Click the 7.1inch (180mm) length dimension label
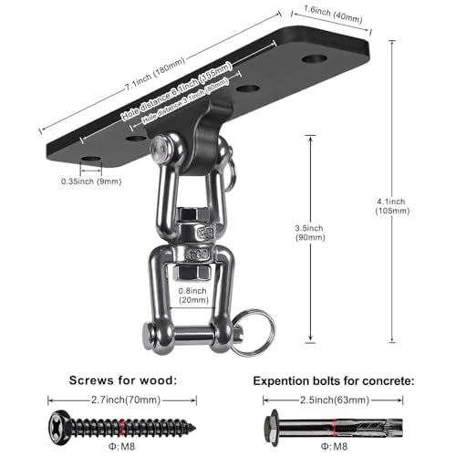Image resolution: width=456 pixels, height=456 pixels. coord(155,74)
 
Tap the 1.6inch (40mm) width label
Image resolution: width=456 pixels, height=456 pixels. coord(333,15)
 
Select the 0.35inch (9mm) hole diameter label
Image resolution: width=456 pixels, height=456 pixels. coord(91,181)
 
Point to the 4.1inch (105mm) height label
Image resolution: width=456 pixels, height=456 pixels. coord(392,206)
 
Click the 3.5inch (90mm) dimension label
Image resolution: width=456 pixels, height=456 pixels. coord(310,233)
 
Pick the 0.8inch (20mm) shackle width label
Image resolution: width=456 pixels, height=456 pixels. coord(193,295)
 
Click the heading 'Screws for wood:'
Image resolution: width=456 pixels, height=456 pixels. coord(123,380)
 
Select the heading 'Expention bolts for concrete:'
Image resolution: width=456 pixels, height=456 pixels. coord(334,381)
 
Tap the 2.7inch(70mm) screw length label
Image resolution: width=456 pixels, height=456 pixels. coord(126,400)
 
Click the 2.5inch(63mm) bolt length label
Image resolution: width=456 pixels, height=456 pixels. coord(335,400)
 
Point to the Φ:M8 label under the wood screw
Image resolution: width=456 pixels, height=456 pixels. coord(121,446)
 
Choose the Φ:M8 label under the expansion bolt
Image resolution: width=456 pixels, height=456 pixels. coord(334,446)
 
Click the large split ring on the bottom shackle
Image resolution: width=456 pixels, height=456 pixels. coord(254,333)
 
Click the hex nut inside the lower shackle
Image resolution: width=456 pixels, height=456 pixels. coord(192,273)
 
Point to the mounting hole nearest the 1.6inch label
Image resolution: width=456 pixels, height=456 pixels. coord(315,58)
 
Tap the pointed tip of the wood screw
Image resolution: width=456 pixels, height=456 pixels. coord(194,430)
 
